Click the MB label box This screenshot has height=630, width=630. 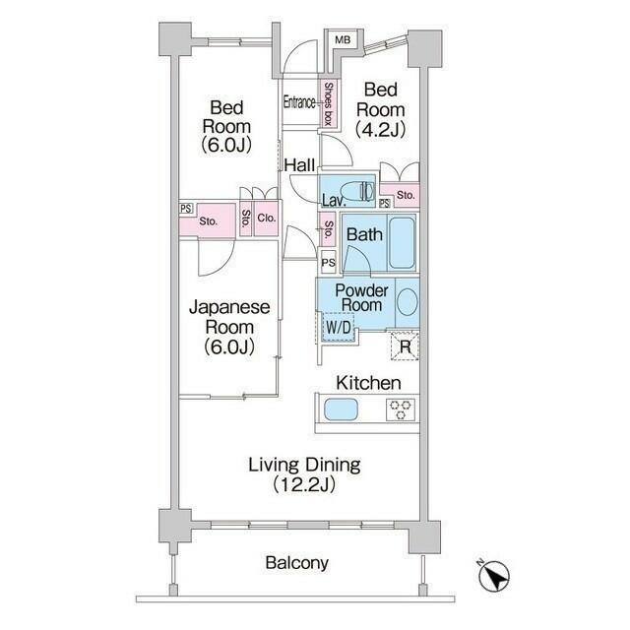343,39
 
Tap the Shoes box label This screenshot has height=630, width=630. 329,103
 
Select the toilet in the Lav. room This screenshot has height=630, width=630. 357,191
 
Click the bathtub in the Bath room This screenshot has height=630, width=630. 402,244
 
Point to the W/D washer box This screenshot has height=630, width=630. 339,327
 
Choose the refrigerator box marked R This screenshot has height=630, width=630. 405,346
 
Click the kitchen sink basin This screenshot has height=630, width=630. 341,409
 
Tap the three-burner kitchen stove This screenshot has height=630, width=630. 401,409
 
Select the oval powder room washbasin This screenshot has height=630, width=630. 408,302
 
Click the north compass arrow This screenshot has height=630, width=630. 494,576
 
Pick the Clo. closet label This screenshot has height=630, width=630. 267,219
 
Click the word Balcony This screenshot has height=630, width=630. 297,563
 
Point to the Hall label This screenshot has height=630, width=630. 299,165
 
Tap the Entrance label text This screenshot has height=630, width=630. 299,102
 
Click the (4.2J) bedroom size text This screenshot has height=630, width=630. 381,129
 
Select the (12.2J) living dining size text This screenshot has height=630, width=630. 304,485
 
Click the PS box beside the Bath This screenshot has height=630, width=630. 328,263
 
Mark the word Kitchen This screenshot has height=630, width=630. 368,383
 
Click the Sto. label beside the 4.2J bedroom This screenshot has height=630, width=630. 406,195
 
